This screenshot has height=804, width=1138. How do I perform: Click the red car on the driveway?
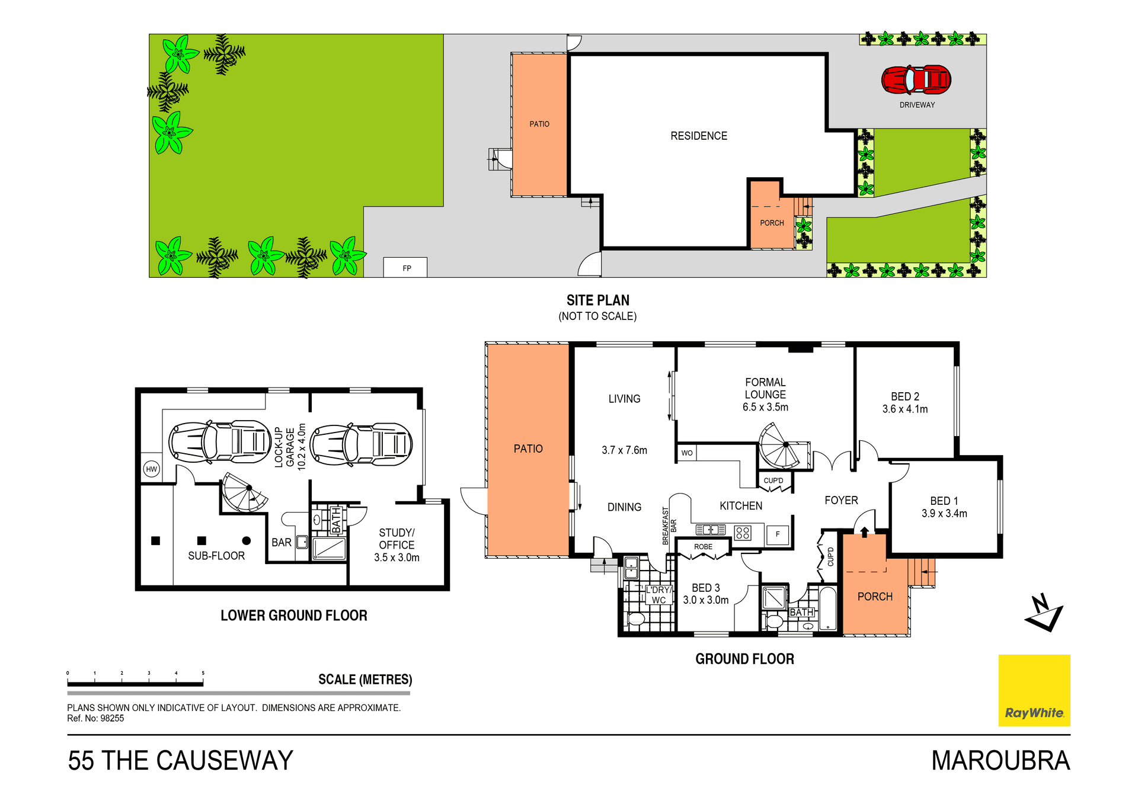(x=916, y=80)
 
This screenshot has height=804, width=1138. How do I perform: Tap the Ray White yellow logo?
(x=1034, y=690)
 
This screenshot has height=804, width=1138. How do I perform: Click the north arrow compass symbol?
(x=1044, y=613)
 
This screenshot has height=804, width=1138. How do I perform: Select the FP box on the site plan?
(x=405, y=268)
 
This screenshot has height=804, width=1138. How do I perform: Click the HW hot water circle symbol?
(x=152, y=469)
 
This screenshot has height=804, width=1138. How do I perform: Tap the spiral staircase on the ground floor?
(x=781, y=446)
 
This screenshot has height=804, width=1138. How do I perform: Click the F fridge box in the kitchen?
(x=778, y=534)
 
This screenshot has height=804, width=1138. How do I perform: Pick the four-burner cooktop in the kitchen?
(x=743, y=533)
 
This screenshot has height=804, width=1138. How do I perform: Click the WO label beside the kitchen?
(x=687, y=453)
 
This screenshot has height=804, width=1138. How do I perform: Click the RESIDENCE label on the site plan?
(x=699, y=136)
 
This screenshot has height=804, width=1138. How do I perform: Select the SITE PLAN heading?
(x=597, y=300)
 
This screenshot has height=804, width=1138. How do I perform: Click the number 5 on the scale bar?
(x=203, y=673)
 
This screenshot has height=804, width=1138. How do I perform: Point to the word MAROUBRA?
(x=1000, y=761)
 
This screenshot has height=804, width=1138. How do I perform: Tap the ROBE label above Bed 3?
(x=703, y=547)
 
